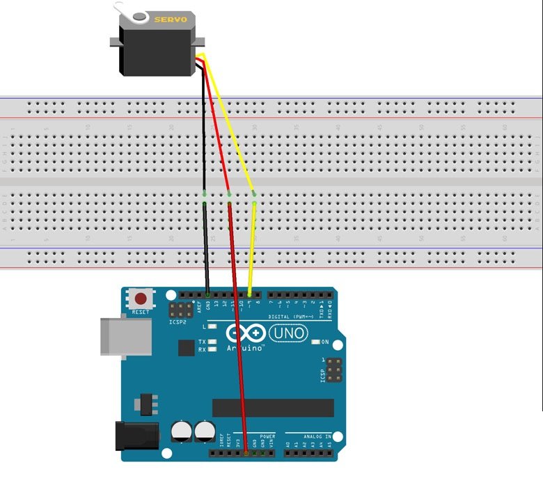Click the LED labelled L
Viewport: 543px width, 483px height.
pos(212,326)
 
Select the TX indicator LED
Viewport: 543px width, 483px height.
pos(212,342)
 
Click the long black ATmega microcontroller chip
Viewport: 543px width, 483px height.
pos(273,408)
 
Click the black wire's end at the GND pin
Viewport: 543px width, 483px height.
pos(207,294)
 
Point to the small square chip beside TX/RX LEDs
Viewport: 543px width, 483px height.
pos(186,347)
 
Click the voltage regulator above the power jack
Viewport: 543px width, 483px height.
pos(145,403)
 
